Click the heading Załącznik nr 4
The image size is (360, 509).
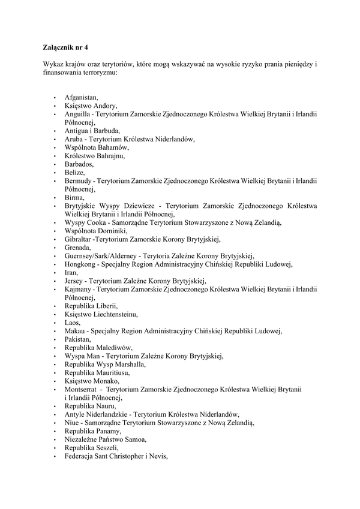[x=66, y=46]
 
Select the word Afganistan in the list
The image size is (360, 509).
[x=81, y=97]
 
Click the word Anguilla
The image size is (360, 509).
[x=77, y=113]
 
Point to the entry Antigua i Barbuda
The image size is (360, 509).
[x=92, y=130]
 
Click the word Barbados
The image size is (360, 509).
[x=79, y=164]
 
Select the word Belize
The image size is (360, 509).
[x=74, y=172]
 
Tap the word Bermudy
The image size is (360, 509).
[x=77, y=180]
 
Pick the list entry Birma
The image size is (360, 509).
[x=74, y=197]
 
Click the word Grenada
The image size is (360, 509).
[x=78, y=248]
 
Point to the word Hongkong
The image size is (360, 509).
[x=80, y=264]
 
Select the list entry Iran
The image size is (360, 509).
[x=71, y=273]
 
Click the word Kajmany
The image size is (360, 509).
[x=79, y=290]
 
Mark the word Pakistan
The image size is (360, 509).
[x=78, y=339]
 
